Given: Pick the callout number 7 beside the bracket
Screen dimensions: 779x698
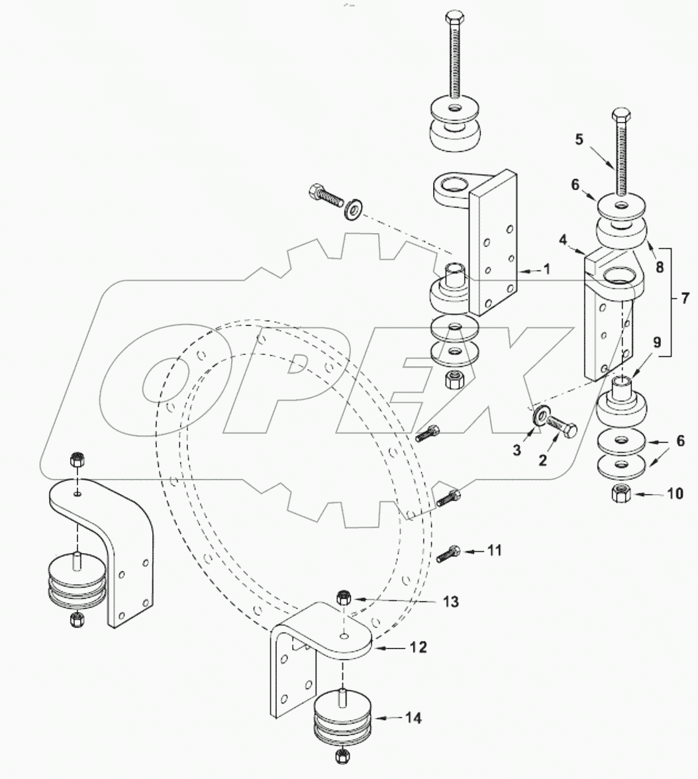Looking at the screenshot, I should [683, 299].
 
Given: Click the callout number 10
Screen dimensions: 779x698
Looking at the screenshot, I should [675, 494].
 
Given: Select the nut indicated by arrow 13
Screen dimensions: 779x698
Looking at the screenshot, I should [343, 597].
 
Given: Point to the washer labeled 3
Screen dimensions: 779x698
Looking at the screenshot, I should [539, 417].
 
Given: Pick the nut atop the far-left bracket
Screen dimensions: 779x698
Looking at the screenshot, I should [77, 458].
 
